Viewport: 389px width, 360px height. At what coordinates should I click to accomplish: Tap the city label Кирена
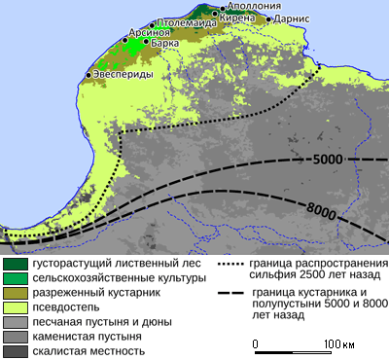248,18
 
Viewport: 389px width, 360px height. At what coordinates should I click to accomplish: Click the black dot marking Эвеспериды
88,75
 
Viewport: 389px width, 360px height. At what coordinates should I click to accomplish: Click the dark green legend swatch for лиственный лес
14,263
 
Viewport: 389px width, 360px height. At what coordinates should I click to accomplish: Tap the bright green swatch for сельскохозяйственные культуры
14,277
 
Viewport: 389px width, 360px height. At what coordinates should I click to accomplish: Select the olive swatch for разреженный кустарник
14,292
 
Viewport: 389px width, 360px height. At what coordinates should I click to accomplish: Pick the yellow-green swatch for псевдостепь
14,306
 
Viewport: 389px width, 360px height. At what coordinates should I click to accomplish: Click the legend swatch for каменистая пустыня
14,337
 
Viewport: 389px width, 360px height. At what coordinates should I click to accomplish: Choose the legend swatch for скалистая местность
14,351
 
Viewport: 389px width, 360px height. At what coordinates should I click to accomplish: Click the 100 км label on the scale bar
339,344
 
